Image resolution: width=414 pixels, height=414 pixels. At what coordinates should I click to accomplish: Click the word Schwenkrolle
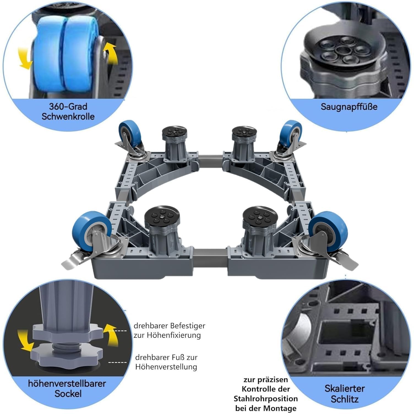pos(68,116)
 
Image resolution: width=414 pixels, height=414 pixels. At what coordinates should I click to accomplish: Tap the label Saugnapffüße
pos(349,107)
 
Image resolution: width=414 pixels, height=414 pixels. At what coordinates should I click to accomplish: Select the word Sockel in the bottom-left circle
pos(68,393)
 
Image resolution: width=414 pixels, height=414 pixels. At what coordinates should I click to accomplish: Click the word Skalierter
pos(345,388)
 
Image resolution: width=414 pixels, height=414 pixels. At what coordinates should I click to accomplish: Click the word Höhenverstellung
pos(166,367)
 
